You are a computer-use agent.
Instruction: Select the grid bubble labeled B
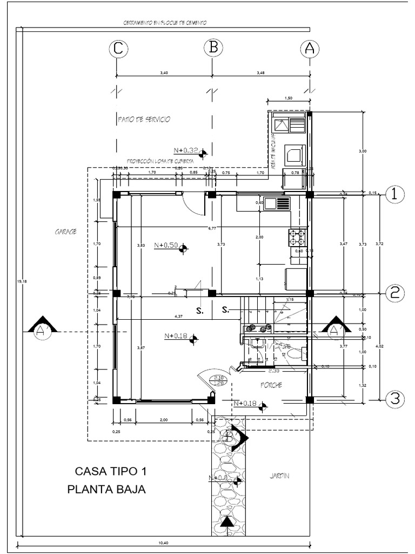(x=213, y=48)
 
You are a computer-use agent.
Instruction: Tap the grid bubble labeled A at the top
(x=309, y=48)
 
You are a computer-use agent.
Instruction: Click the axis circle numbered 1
(x=395, y=195)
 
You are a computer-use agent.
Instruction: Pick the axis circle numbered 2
(x=395, y=293)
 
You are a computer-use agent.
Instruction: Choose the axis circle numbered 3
(x=395, y=399)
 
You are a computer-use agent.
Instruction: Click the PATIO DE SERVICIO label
(x=143, y=119)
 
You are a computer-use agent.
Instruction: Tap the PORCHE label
(x=272, y=386)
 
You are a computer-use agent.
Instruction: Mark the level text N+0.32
(x=185, y=150)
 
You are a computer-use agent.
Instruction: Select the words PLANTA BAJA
(x=106, y=490)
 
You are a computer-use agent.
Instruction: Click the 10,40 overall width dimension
(x=162, y=543)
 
